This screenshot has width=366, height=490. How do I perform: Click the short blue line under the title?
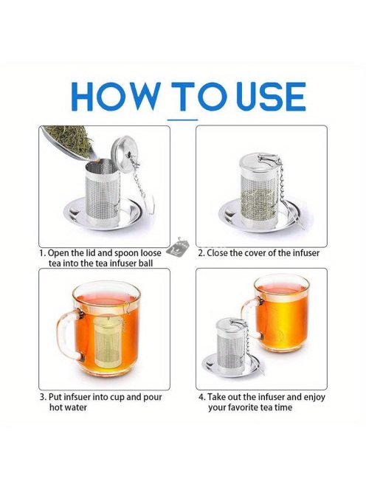(x=182, y=120)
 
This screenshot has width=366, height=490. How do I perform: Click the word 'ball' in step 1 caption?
(x=146, y=263)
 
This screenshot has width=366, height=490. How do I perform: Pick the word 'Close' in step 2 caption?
(x=217, y=253)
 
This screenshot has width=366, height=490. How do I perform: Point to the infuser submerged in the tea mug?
(x=108, y=341)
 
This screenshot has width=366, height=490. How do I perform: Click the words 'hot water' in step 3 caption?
(x=68, y=407)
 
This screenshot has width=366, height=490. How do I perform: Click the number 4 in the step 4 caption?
(x=202, y=397)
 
